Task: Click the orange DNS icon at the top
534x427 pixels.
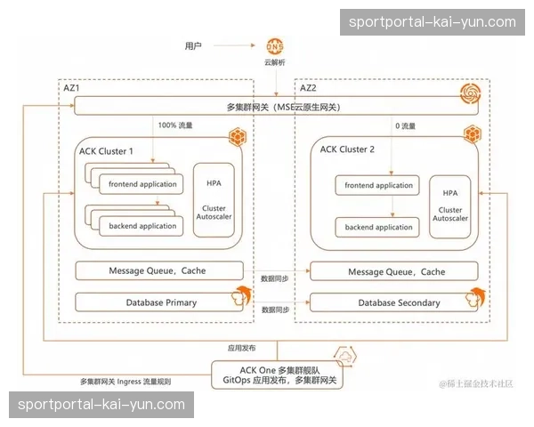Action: click(x=275, y=45)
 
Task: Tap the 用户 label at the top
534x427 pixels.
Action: click(x=193, y=45)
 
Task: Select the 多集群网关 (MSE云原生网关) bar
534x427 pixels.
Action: click(x=277, y=108)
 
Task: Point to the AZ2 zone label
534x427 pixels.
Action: click(x=308, y=89)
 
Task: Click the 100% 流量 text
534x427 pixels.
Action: click(x=174, y=126)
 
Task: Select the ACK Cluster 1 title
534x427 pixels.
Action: click(x=106, y=151)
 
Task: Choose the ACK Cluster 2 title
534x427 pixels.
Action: click(x=348, y=150)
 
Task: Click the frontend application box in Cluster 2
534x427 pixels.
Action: click(x=377, y=186)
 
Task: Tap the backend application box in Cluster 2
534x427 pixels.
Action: click(x=377, y=227)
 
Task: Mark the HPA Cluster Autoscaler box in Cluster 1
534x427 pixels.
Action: click(x=214, y=200)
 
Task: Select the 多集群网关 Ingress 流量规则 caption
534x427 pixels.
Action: click(x=125, y=382)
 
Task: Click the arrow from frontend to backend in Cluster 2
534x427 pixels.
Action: click(x=392, y=206)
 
